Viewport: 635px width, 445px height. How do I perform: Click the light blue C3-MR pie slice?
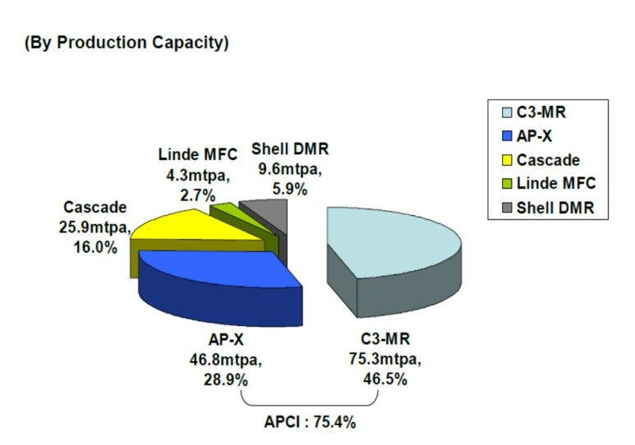(389, 259)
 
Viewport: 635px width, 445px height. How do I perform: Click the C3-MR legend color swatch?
(507, 112)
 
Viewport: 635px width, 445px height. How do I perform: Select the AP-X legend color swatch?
(507, 136)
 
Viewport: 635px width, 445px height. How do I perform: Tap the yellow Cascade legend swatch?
(507, 160)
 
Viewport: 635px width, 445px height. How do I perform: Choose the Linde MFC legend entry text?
(556, 183)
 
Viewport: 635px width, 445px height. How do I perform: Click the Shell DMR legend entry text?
(555, 208)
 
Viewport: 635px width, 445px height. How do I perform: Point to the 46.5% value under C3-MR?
(385, 379)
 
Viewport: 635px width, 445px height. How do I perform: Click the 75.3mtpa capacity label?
(385, 360)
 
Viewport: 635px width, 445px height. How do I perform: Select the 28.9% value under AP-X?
(226, 380)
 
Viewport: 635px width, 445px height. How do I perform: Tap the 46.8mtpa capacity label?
(226, 360)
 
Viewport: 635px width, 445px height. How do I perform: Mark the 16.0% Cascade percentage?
(95, 247)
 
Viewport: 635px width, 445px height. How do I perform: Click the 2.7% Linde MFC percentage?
(198, 196)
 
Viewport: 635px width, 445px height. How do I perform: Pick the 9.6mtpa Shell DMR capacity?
(290, 169)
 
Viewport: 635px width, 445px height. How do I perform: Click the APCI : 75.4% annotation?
(311, 422)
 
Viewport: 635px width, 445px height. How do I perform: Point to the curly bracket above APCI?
(310, 405)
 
